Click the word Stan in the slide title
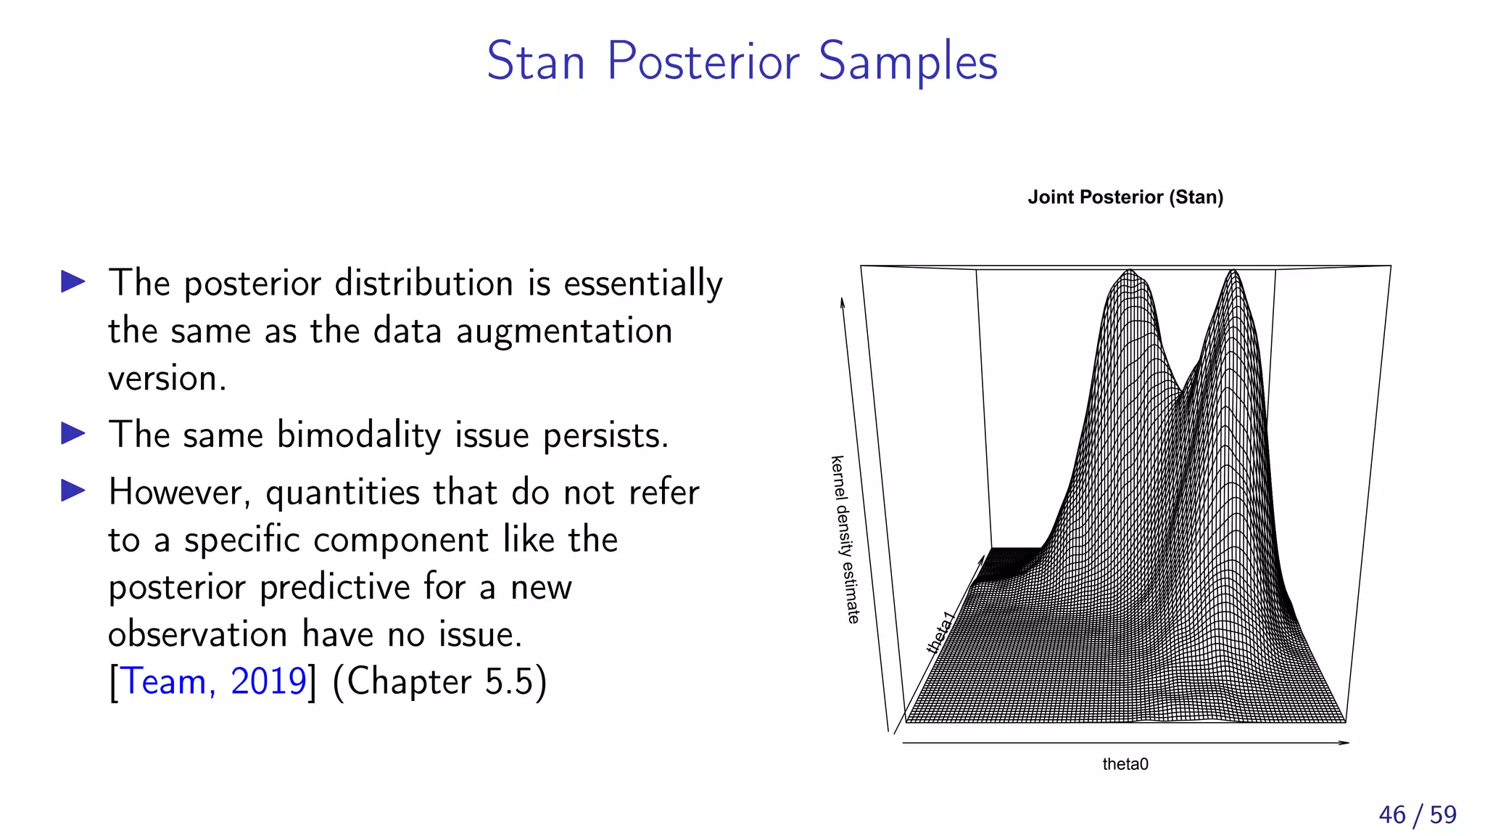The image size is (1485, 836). tap(535, 62)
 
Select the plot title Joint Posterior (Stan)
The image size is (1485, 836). tap(1125, 197)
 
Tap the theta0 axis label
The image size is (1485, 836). tap(1125, 764)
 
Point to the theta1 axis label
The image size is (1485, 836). tap(940, 633)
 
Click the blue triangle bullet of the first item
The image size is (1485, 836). tap(73, 282)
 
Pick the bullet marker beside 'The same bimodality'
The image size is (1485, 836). tap(73, 434)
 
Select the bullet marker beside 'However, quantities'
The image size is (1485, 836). tap(73, 491)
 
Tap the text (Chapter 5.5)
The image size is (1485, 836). tap(439, 681)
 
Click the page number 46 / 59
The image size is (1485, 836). tap(1417, 815)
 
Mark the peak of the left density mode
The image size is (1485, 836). tap(1130, 273)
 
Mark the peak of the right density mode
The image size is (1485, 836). tap(1233, 273)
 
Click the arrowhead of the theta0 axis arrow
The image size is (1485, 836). tap(1345, 742)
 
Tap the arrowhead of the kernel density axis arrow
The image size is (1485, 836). tap(843, 301)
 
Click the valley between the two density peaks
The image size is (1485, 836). tap(1181, 392)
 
